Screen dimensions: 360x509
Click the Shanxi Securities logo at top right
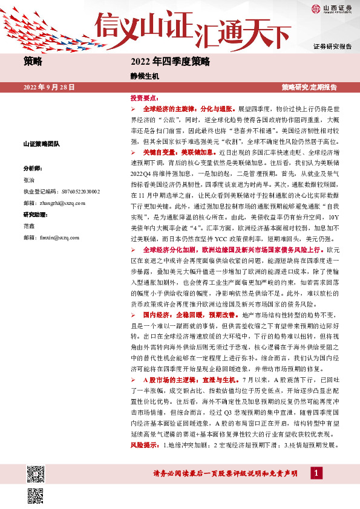point(331,8)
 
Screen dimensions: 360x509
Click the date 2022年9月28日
point(48,87)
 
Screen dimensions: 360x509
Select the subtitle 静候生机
point(143,76)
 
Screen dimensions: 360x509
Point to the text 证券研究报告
point(332,47)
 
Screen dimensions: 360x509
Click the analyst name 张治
point(29,180)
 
